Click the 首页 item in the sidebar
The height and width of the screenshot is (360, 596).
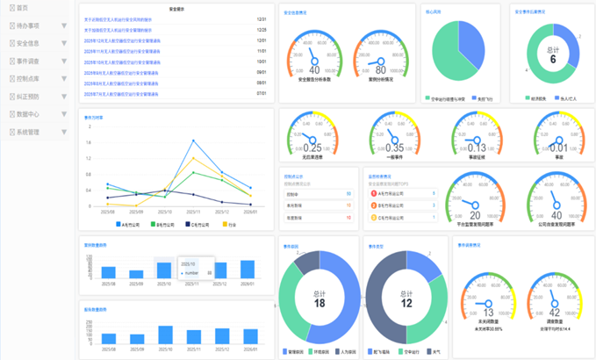[22, 7]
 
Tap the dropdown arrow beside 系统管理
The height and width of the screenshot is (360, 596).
[64, 133]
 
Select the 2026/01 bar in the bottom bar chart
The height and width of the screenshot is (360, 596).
[248, 336]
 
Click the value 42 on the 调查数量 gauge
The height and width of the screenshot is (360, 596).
[555, 312]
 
